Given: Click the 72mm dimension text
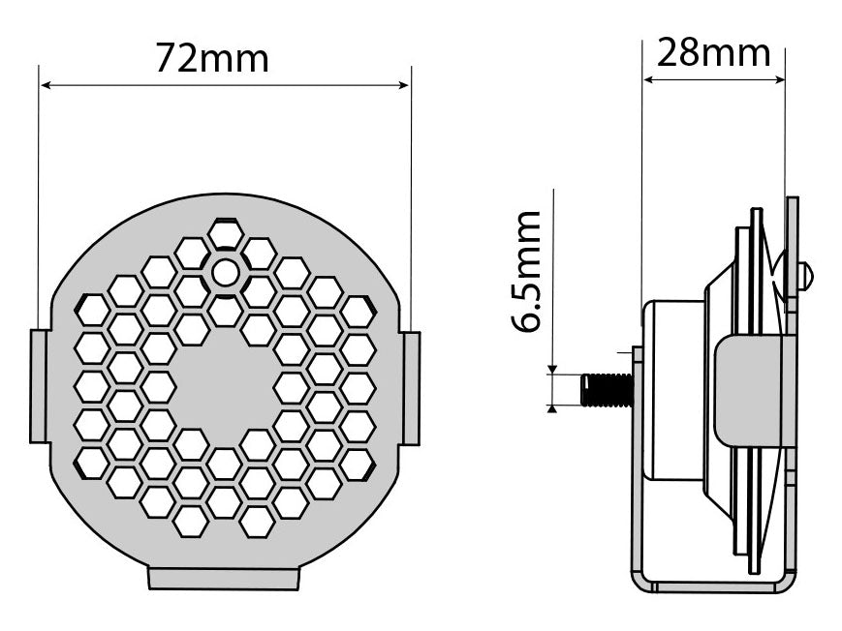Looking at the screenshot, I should pyautogui.click(x=211, y=59).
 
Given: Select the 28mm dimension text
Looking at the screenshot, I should pyautogui.click(x=713, y=52).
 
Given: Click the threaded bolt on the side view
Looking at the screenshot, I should pyautogui.click(x=606, y=389).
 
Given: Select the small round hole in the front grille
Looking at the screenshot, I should pyautogui.click(x=225, y=273).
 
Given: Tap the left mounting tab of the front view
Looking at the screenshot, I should pyautogui.click(x=40, y=385).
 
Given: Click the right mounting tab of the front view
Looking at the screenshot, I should pyautogui.click(x=411, y=388).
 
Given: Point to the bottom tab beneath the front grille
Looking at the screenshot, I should pyautogui.click(x=224, y=579).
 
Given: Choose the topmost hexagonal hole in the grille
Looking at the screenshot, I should pyautogui.click(x=225, y=233).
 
